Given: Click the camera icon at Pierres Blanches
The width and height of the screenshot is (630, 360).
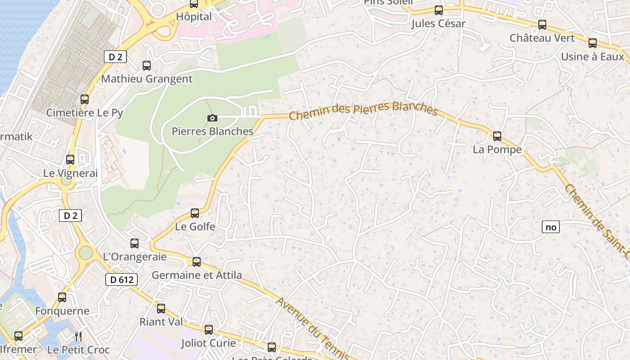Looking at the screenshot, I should click(212, 118).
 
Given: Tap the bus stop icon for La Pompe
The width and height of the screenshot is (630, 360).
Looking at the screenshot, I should click(497, 136).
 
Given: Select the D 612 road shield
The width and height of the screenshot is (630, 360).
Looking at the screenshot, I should click(121, 279).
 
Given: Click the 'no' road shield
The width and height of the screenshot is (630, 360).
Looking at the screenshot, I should click(551, 227).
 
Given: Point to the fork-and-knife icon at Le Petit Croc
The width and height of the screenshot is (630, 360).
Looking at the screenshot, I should click(78, 336).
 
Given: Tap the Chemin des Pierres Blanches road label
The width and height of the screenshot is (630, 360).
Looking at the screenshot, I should click(363, 111).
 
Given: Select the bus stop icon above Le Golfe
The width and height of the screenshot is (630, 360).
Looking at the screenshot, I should click(195, 213).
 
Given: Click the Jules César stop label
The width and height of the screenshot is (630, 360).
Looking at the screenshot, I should click(438, 24).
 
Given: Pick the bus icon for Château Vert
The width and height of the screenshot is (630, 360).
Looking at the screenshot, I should click(542, 25).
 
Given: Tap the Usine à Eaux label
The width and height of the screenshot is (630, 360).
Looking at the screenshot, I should click(592, 57).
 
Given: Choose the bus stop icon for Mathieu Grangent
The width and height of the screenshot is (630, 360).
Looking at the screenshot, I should click(147, 65).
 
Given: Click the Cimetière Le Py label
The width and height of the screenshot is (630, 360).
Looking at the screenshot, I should click(85, 112).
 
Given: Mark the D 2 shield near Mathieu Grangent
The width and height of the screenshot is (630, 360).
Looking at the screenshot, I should click(115, 57).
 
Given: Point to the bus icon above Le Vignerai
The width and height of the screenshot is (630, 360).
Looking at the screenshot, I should click(70, 159).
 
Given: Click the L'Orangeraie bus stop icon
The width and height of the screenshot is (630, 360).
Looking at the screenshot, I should click(135, 243).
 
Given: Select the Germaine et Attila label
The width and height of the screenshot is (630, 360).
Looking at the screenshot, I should click(197, 275).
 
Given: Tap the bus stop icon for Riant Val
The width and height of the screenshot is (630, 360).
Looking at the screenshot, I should click(161, 309).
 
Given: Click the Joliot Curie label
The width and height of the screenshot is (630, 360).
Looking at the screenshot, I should click(208, 343).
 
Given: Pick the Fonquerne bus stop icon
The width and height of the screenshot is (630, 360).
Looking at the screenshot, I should click(62, 297).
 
